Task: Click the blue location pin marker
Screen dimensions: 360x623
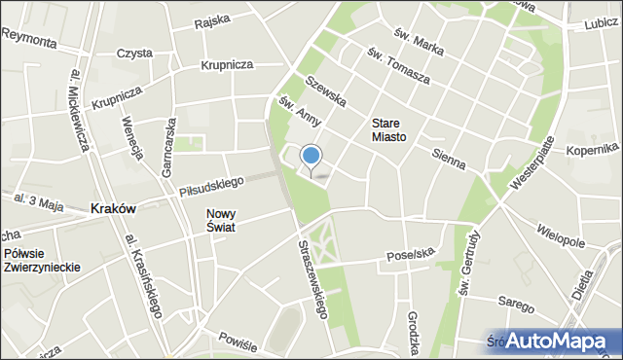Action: (x=311, y=157)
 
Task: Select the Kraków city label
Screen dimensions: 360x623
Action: (x=112, y=208)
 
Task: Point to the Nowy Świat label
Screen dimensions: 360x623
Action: (x=223, y=220)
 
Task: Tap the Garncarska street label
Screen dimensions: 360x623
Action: (x=169, y=146)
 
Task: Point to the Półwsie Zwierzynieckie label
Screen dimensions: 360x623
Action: (x=40, y=260)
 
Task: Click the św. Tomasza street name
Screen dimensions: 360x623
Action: (x=399, y=65)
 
